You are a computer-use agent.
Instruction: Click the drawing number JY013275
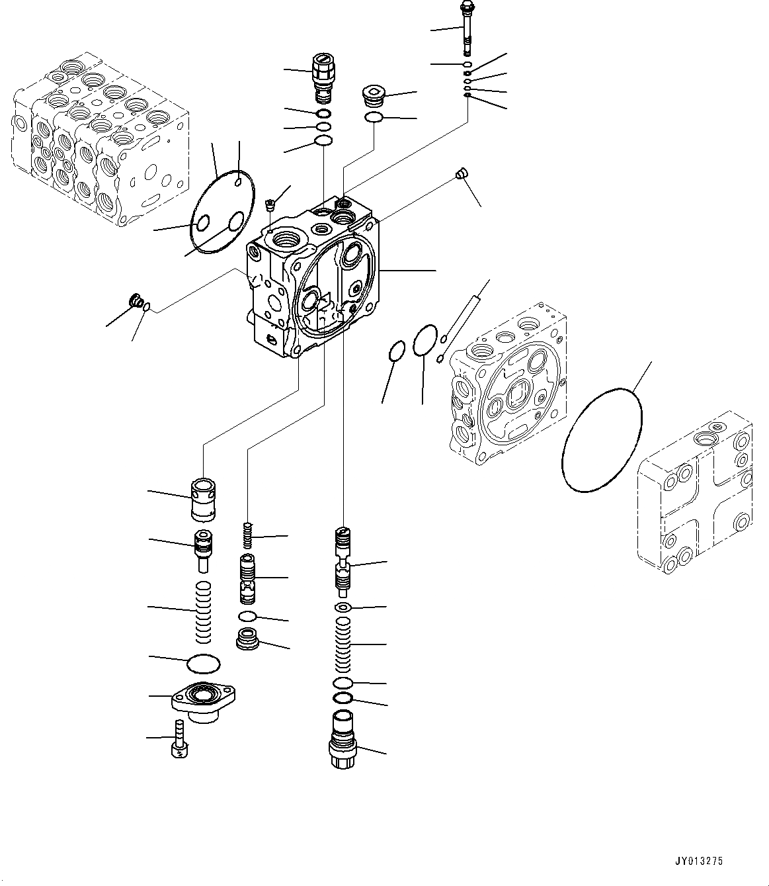tap(699, 862)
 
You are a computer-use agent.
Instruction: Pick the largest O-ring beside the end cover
tap(601, 440)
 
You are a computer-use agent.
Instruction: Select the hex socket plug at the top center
tap(374, 96)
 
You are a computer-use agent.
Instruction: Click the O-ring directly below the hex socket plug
tap(374, 118)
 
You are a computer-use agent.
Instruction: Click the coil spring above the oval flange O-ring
tap(204, 611)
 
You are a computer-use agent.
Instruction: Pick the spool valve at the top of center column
tap(343, 558)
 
